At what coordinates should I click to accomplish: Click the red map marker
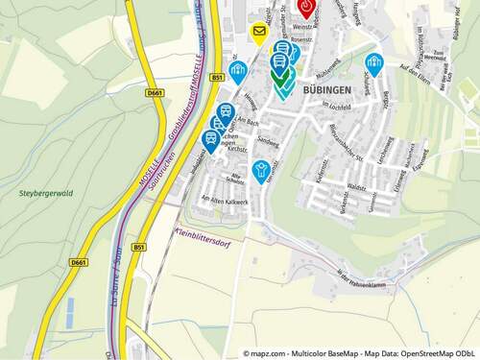(x=306, y=9)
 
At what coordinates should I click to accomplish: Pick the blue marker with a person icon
(x=260, y=171)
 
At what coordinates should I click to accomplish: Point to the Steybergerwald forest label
(x=44, y=193)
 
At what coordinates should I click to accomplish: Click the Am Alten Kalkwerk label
(x=225, y=201)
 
